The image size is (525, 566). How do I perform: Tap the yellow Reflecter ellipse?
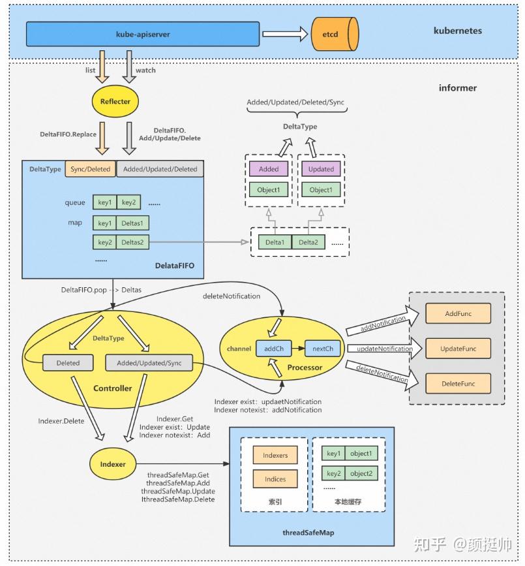(115, 101)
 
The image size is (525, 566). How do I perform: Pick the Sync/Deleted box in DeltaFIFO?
(90, 169)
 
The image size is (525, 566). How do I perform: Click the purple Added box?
(268, 169)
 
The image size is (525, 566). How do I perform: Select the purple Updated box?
(320, 169)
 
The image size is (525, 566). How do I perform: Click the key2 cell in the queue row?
(128, 202)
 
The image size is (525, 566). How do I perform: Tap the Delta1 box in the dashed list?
(275, 243)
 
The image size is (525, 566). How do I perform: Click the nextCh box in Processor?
(322, 349)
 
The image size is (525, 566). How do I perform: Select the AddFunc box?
(458, 313)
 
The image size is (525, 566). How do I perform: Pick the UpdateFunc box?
(458, 349)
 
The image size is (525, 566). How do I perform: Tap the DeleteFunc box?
(458, 384)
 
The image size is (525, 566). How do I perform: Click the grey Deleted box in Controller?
(68, 363)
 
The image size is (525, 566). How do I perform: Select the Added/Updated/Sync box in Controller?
(148, 363)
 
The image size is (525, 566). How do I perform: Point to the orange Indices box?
(275, 479)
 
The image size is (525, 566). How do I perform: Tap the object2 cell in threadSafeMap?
(360, 473)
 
